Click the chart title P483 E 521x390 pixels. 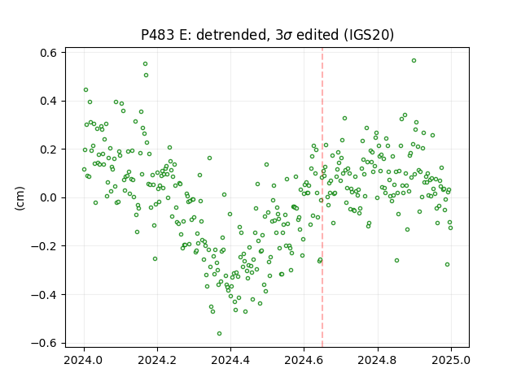pyautogui.click(x=267, y=34)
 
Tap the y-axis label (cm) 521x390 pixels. pyautogui.click(x=20, y=198)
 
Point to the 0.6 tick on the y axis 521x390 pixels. pyautogui.click(x=49, y=53)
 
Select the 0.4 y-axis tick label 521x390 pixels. pyautogui.click(x=49, y=101)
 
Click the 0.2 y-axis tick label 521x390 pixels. pyautogui.click(x=49, y=149)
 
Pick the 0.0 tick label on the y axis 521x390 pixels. pyautogui.click(x=49, y=197)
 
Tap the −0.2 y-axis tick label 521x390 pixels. pyautogui.click(x=44, y=246)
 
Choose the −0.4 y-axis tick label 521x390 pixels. pyautogui.click(x=44, y=294)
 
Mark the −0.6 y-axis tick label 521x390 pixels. pyautogui.click(x=44, y=343)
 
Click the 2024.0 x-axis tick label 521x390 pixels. pyautogui.click(x=84, y=360)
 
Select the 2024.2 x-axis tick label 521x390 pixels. pyautogui.click(x=157, y=360)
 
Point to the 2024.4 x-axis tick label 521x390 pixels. pyautogui.click(x=230, y=360)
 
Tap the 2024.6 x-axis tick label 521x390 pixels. pyautogui.click(x=304, y=360)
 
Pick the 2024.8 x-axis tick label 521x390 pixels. pyautogui.click(x=378, y=360)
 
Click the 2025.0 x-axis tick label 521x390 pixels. pyautogui.click(x=451, y=360)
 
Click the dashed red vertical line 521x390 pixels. pyautogui.click(x=322, y=197)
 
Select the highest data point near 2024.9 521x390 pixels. pyautogui.click(x=414, y=61)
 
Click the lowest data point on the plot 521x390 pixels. pyautogui.click(x=219, y=334)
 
